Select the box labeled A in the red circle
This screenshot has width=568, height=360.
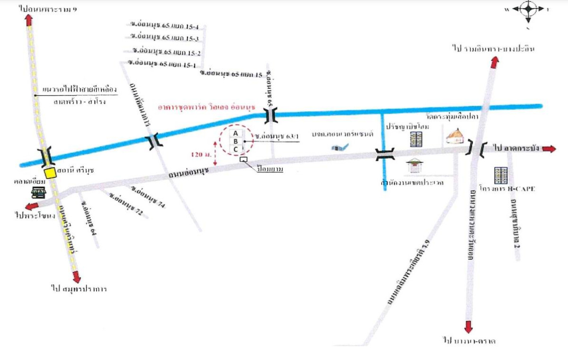(235, 133)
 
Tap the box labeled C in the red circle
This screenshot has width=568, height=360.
(235, 149)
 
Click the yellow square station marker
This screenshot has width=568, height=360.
(50, 172)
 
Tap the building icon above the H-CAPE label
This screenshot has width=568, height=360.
(500, 175)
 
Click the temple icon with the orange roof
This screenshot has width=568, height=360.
(455, 137)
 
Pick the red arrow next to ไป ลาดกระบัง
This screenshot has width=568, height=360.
(549, 149)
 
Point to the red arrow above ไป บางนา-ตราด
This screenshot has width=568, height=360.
(469, 327)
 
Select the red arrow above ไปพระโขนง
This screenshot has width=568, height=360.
(32, 206)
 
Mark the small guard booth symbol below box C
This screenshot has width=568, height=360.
(244, 161)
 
